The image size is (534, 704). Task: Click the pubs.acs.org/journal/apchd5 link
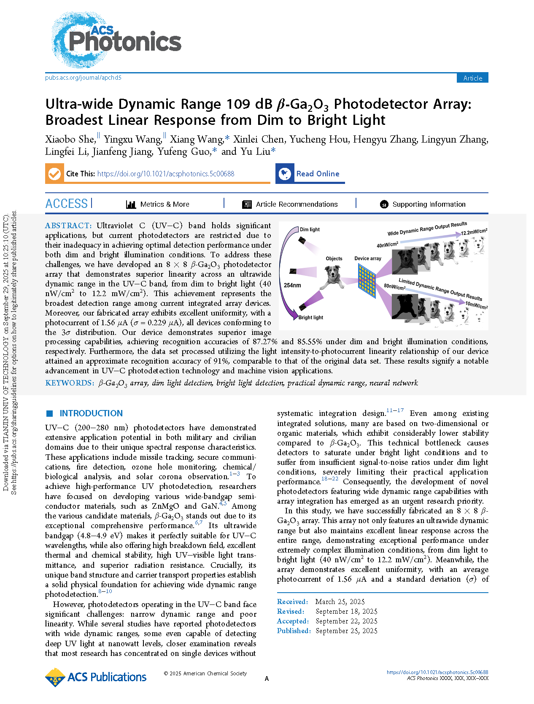(x=83, y=78)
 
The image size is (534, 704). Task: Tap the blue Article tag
(x=472, y=78)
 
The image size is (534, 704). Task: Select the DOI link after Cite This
(x=165, y=174)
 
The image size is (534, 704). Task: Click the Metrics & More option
(x=158, y=205)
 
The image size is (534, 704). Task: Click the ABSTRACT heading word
(x=68, y=226)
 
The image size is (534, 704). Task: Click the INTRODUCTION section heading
(x=91, y=413)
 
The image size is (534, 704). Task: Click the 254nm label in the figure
(x=292, y=286)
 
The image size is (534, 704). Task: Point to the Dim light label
(x=310, y=229)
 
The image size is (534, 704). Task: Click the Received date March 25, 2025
(x=340, y=602)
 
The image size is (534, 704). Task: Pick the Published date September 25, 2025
(x=346, y=631)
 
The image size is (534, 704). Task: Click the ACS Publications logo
(x=96, y=677)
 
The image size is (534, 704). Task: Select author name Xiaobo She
(x=70, y=140)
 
